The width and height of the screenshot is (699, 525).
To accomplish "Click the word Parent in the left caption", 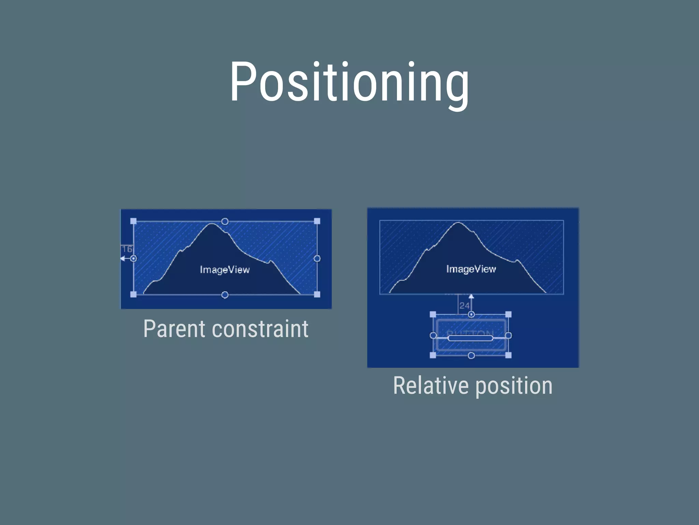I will [174, 329].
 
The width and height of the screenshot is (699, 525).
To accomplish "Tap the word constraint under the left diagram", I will [260, 329].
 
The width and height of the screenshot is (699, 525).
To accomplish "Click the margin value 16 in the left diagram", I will [127, 249].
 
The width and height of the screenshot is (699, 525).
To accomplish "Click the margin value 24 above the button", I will [464, 305].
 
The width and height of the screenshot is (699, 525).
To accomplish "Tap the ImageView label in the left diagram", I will [225, 270].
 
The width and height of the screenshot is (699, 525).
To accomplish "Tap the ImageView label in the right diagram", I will [471, 269].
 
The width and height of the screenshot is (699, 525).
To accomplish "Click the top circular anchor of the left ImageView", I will [225, 221].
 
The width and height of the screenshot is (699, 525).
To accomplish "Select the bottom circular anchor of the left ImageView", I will [225, 295].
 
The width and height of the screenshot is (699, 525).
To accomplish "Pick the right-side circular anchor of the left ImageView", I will [317, 258].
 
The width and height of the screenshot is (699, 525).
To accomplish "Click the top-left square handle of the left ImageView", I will [133, 221].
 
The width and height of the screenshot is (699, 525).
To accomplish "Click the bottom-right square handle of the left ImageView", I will [317, 294].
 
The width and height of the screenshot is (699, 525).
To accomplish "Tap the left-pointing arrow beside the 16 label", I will [123, 258].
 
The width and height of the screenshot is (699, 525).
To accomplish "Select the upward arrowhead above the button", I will [471, 296].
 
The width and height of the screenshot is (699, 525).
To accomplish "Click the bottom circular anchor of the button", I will [471, 356].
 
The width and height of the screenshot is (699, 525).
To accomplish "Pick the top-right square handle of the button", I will [508, 314].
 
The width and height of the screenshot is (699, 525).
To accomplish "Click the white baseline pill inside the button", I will [470, 338].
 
